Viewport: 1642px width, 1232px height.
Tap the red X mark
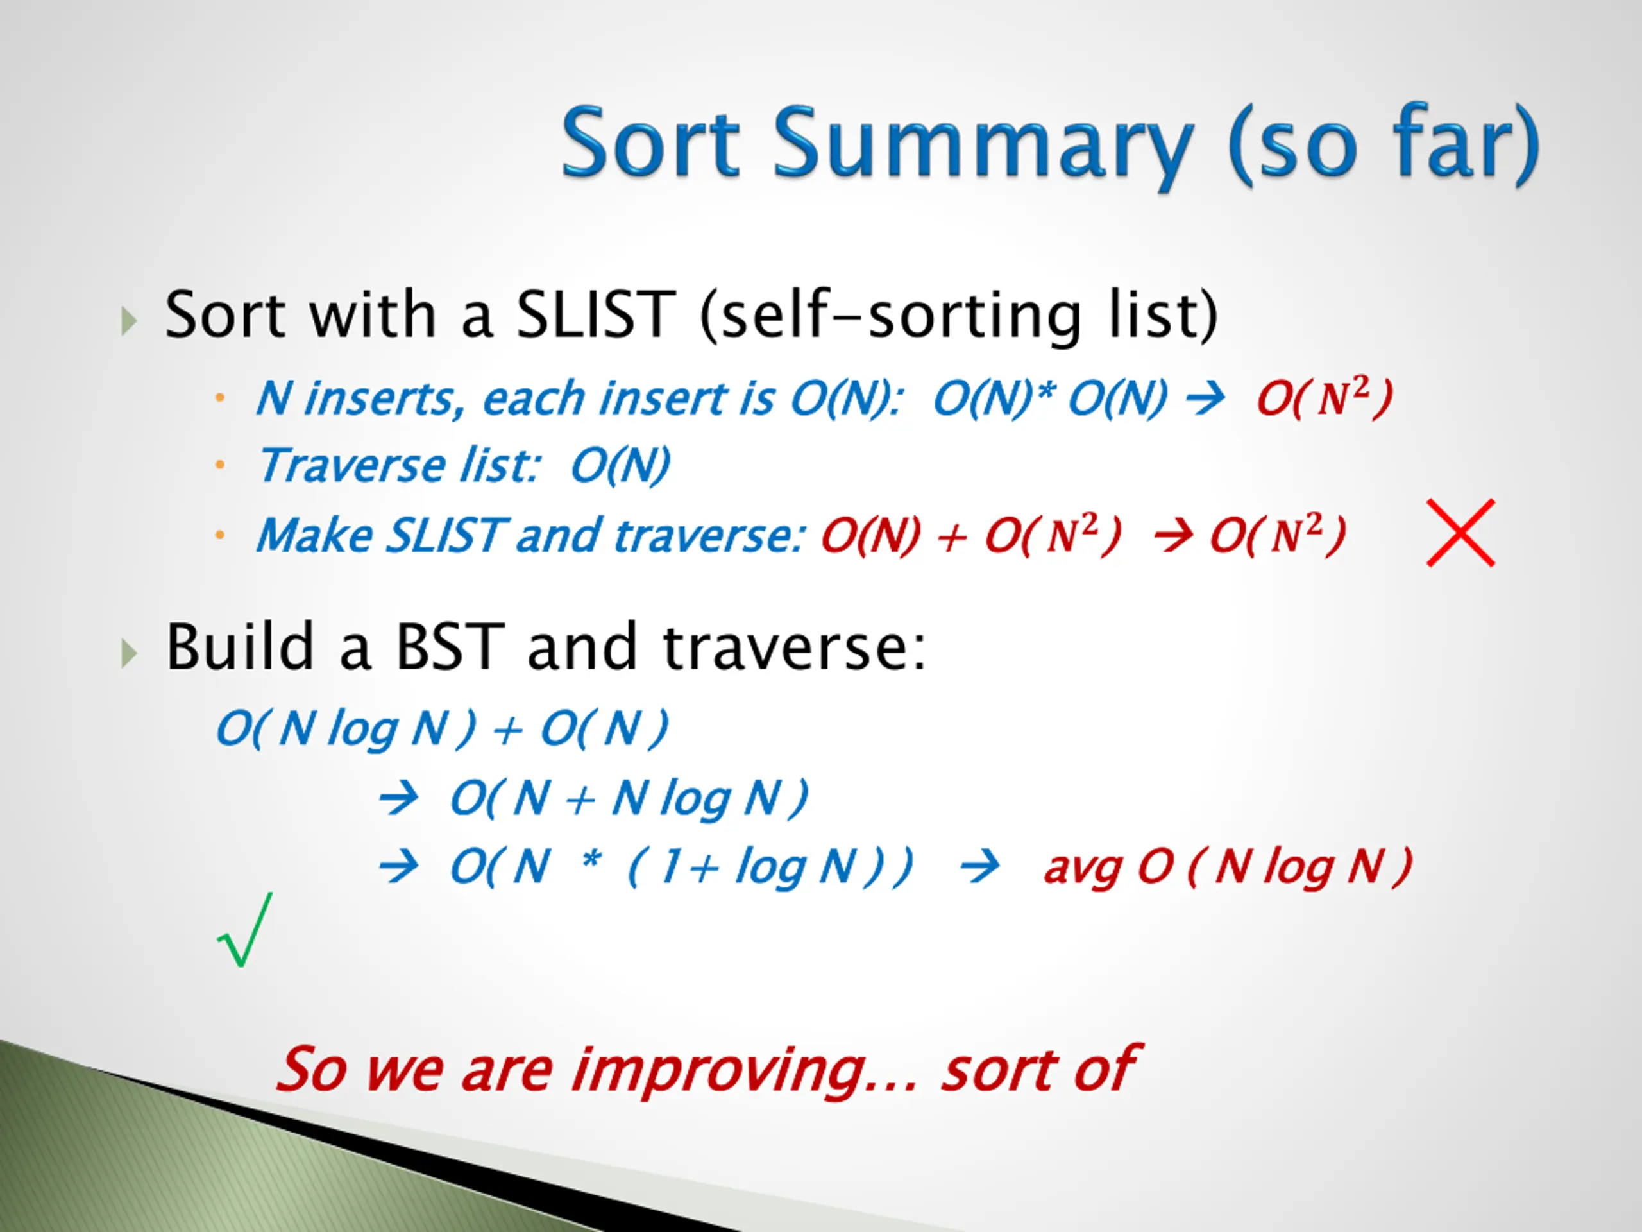click(x=1460, y=533)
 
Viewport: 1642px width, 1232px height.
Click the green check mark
click(x=246, y=929)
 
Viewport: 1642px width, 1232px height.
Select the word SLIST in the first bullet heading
click(x=595, y=315)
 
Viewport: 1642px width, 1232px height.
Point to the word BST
click(x=450, y=646)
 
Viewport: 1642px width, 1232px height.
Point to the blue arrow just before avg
click(x=979, y=868)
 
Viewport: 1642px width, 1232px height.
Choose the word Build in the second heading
click(x=239, y=646)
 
